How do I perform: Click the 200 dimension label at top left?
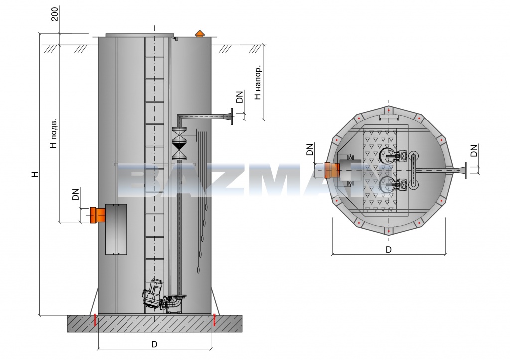pos(55,14)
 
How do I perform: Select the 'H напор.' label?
pos(258,83)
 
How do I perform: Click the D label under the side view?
pos(154,344)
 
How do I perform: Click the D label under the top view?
pos(388,249)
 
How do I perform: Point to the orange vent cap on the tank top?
pos(199,33)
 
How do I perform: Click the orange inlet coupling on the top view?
pos(331,170)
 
